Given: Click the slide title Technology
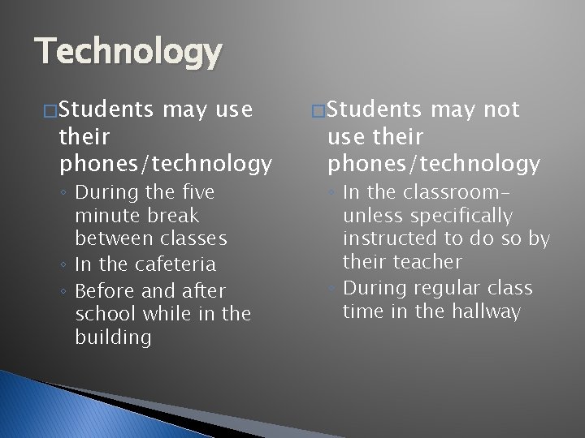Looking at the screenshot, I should [x=128, y=53].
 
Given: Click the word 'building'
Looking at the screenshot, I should [x=113, y=337].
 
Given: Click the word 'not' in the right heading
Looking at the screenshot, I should [x=500, y=110].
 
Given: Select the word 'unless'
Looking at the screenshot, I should [x=373, y=216].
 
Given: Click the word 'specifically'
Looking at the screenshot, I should [x=461, y=216].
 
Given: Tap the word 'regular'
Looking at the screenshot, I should [x=446, y=288].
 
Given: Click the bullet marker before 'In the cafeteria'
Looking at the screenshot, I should [x=63, y=265].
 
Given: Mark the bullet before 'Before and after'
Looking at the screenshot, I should [x=63, y=291].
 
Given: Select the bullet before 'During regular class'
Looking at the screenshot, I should [x=331, y=289].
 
